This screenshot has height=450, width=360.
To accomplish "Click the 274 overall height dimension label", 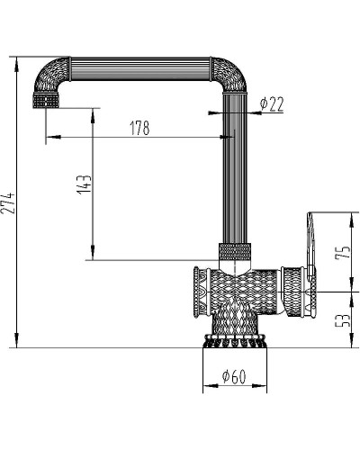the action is point(8,203).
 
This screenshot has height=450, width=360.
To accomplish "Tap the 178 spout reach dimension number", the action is point(139,128).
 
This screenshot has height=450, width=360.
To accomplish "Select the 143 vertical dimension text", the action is point(85,184).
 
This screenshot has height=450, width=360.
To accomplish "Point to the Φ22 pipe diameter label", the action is point(272,104).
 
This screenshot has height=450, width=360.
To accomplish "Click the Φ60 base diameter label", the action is point(234,376).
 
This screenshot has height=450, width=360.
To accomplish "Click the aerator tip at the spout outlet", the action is point(46,101).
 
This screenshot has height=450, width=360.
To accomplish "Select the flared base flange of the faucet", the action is point(235,341).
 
